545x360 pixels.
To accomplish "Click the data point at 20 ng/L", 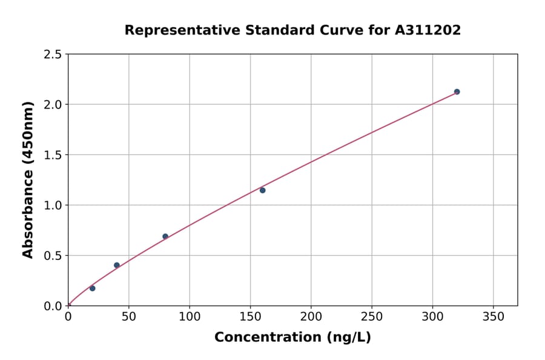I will (92, 288).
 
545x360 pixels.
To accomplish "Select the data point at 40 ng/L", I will (117, 265).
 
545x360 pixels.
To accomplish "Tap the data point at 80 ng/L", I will (165, 236).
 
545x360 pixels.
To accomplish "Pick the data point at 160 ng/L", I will (263, 190).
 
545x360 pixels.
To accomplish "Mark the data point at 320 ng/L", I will (457, 92).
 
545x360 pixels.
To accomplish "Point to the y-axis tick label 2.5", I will (53, 55).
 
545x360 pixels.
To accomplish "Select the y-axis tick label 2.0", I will (53, 105).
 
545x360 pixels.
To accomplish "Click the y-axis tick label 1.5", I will (53, 155).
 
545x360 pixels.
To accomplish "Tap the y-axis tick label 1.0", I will (53, 205).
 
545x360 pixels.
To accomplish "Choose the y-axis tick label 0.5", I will (53, 256).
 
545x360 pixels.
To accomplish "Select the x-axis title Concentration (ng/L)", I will (292, 338).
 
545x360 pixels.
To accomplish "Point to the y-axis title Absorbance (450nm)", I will (28, 180).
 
